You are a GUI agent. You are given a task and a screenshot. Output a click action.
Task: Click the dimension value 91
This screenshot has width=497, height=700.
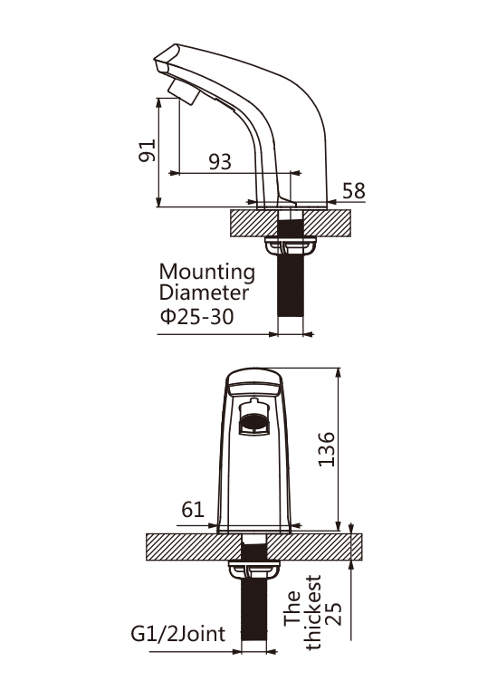point(148,150)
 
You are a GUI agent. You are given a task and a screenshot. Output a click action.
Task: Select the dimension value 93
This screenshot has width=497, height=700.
point(220,162)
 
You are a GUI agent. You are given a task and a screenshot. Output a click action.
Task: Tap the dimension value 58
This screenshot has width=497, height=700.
point(354,191)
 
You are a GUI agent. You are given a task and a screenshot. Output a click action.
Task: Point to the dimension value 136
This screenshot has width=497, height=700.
point(326,449)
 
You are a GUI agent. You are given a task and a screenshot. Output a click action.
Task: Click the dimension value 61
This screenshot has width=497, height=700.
point(193,509)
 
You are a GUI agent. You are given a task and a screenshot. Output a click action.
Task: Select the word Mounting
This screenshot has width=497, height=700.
point(207,273)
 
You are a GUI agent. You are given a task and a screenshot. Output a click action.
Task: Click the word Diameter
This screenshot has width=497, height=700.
point(204,292)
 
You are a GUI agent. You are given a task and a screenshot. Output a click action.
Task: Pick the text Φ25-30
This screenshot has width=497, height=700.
point(196,317)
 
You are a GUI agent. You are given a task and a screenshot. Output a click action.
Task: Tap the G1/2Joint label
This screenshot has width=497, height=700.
point(178,634)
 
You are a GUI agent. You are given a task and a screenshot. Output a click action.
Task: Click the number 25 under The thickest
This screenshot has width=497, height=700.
point(333,614)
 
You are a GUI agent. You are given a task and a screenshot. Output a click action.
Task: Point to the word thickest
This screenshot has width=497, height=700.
point(312,612)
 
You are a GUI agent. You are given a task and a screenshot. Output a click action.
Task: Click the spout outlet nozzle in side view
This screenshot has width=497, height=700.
point(184,92)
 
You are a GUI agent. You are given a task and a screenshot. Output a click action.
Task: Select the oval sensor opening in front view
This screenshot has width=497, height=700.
point(253,421)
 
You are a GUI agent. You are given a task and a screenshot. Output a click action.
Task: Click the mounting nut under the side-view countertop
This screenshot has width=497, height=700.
point(291,245)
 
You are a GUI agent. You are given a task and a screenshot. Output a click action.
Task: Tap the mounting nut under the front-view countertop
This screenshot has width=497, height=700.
point(253,569)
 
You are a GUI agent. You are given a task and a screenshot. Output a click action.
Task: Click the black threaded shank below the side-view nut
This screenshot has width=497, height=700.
point(291,285)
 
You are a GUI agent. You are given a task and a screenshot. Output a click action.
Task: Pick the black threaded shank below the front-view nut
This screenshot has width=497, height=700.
point(253,609)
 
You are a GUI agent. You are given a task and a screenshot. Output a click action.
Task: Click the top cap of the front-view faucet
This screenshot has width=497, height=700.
point(254,382)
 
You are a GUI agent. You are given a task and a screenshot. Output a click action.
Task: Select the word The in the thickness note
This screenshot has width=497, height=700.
point(292,608)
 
